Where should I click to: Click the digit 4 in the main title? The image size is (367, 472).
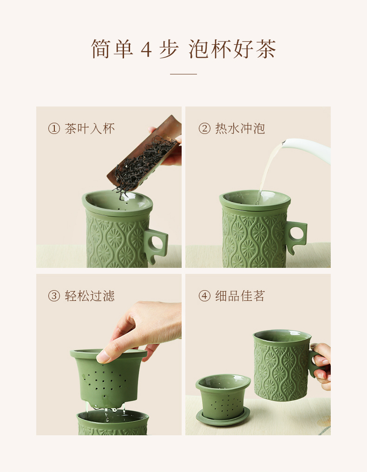tap(146, 49)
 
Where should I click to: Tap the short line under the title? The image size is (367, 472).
tap(183, 74)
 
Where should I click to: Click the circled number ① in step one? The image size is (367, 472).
tap(54, 129)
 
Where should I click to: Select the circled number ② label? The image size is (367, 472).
tap(204, 129)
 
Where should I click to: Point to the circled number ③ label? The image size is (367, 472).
tap(54, 296)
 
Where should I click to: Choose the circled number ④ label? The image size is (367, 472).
tap(204, 296)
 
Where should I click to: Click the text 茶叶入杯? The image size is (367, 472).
tap(90, 129)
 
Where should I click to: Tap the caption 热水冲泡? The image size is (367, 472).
tap(240, 129)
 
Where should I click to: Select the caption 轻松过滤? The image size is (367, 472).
tap(90, 296)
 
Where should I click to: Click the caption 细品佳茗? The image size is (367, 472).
tap(240, 296)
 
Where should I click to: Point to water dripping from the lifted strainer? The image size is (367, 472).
tap(106, 412)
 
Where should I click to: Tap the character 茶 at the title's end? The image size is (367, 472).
tap(266, 49)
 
